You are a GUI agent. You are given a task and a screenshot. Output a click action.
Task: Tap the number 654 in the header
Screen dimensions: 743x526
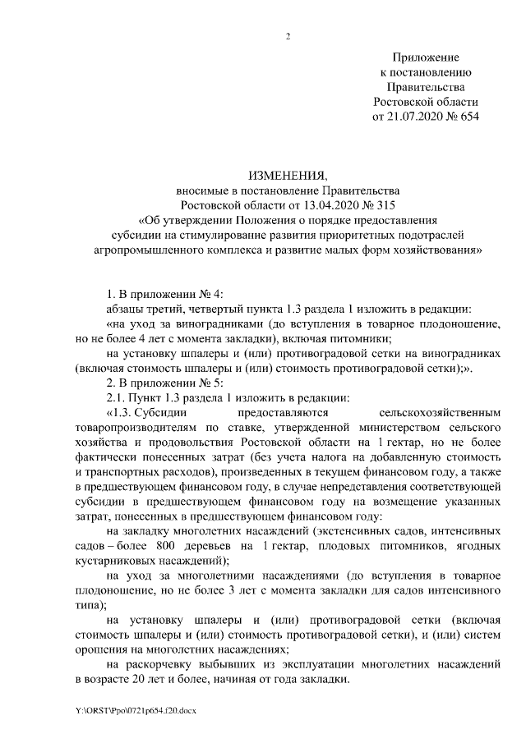pyautogui.click(x=467, y=117)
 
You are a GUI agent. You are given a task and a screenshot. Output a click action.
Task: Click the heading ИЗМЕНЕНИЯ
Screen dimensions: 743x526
pyautogui.click(x=288, y=175)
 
